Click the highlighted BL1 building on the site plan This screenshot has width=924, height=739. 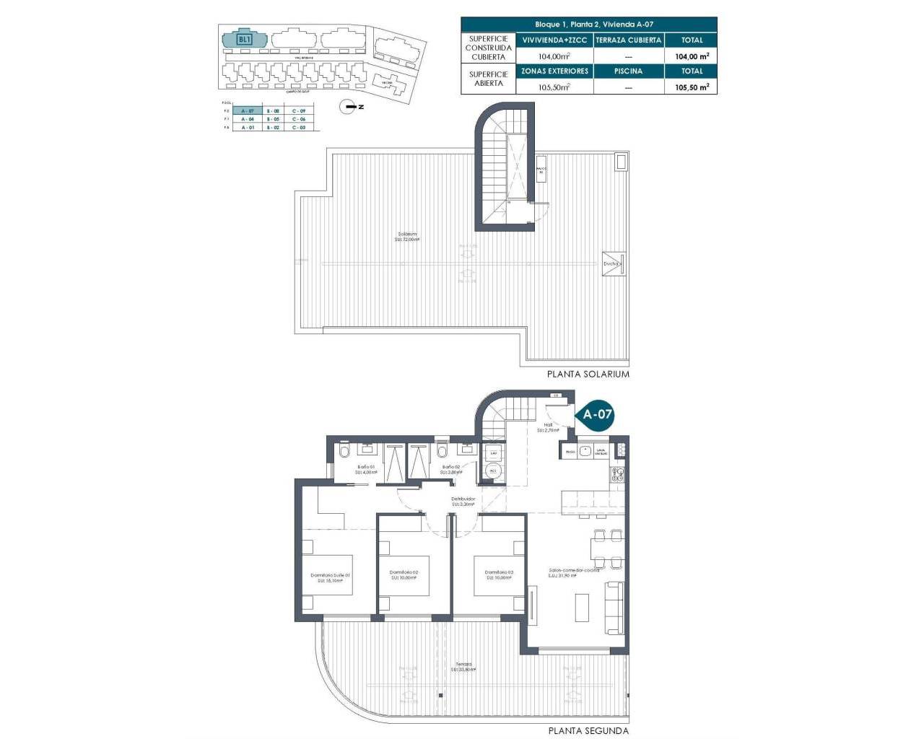244,38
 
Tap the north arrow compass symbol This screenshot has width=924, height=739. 350,106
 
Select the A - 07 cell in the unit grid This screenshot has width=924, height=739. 248,110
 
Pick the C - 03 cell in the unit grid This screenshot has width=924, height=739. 299,127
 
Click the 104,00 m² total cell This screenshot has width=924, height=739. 691,56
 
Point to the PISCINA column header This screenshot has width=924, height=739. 628,71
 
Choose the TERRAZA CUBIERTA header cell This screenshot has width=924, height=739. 628,40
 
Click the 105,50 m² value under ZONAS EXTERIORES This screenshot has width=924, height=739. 554,87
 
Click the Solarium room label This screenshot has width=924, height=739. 407,236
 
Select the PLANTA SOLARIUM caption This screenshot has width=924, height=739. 588,374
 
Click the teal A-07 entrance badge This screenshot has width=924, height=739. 597,414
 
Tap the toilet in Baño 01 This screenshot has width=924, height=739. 344,452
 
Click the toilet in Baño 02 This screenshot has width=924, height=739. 442,451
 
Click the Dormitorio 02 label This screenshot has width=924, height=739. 404,574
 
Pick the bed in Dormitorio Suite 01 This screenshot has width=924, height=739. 327,575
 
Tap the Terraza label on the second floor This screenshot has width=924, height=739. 463,666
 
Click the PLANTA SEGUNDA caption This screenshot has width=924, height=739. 588,730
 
